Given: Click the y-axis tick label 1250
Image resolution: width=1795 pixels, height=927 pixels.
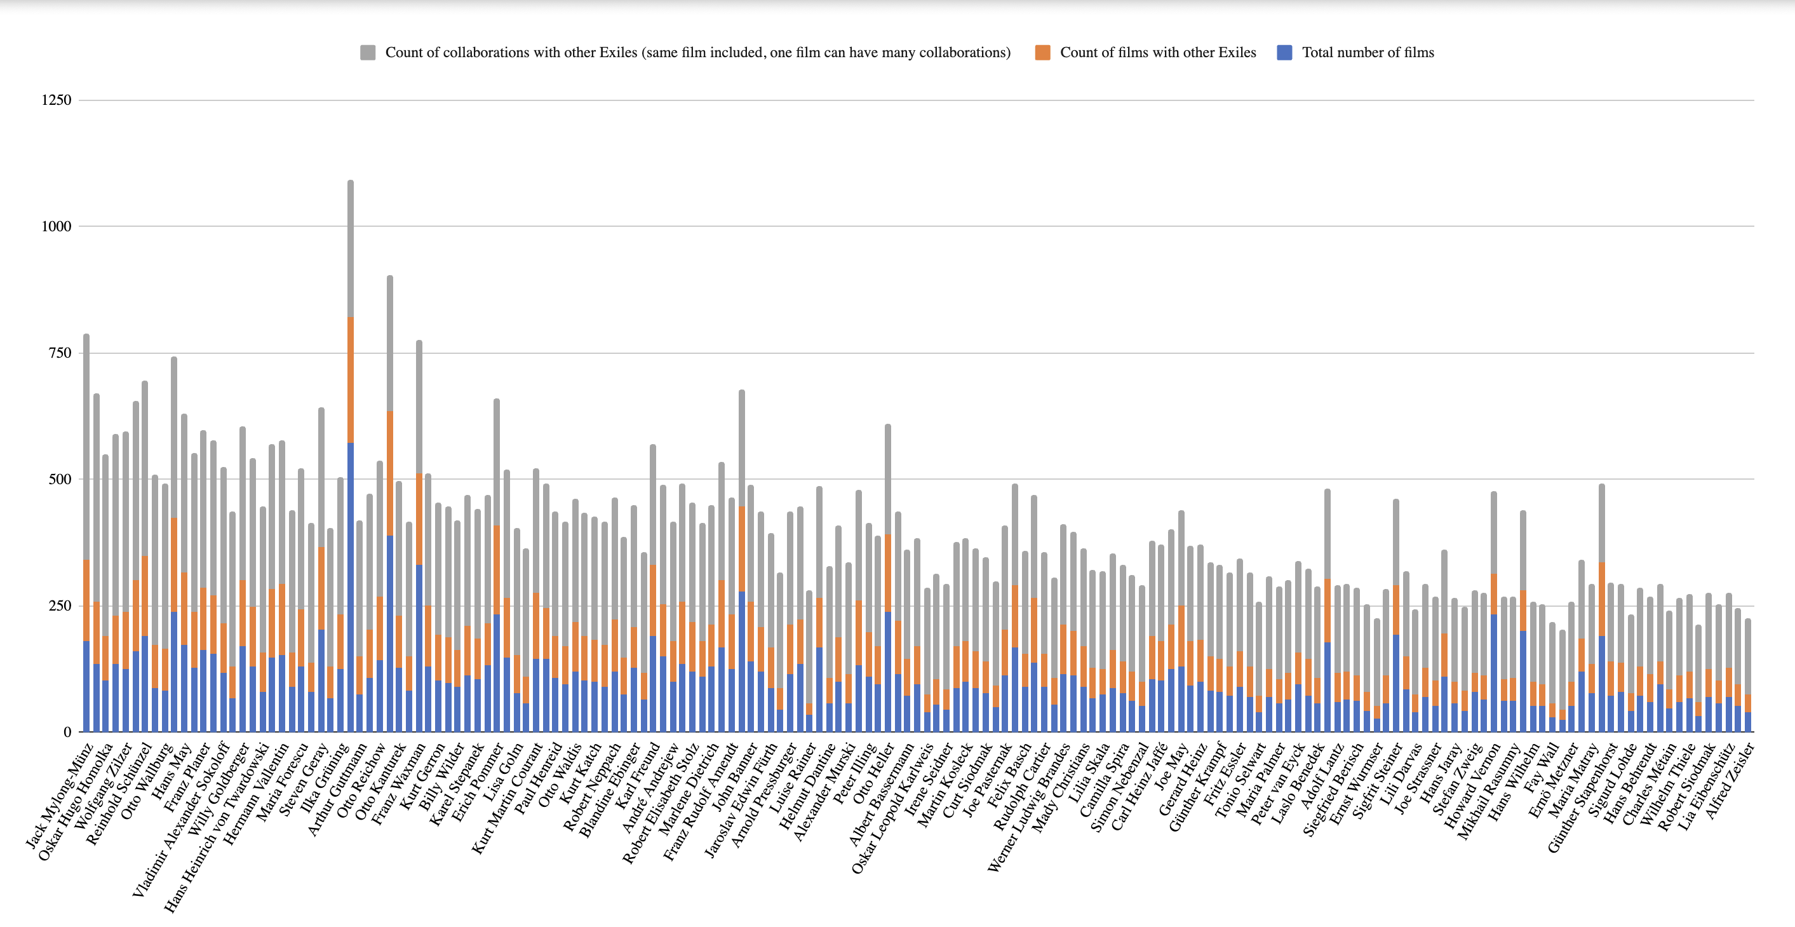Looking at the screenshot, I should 57,100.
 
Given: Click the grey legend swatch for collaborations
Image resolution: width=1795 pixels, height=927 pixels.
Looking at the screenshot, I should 368,53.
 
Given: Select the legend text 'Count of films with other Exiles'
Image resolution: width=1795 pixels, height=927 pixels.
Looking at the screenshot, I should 1157,53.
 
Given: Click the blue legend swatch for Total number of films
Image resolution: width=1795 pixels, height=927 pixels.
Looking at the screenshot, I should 1284,53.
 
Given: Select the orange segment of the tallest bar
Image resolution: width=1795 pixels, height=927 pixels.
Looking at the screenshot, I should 351,380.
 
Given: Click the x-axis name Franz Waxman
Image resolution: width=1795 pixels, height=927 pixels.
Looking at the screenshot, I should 399,782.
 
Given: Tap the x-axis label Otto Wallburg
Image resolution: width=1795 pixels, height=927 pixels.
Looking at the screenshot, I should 147,779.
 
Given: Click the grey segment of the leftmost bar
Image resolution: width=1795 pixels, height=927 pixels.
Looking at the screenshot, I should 86,446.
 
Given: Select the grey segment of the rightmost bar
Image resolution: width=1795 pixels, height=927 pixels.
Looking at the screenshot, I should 1747,656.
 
